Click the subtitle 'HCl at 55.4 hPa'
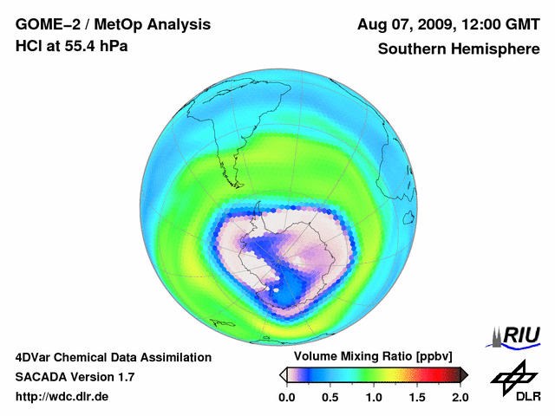[71, 46]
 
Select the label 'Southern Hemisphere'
[456, 49]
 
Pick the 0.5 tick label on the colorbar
[330, 397]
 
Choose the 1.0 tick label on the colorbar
[374, 397]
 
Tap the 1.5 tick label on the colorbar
[417, 397]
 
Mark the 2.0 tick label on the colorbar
[460, 397]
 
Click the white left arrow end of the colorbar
[283, 374]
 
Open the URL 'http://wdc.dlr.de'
[62, 397]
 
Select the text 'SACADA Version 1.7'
[75, 377]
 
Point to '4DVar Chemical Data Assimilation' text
[113, 357]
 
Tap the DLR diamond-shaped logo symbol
[512, 375]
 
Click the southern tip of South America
[235, 183]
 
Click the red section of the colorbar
[442, 374]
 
